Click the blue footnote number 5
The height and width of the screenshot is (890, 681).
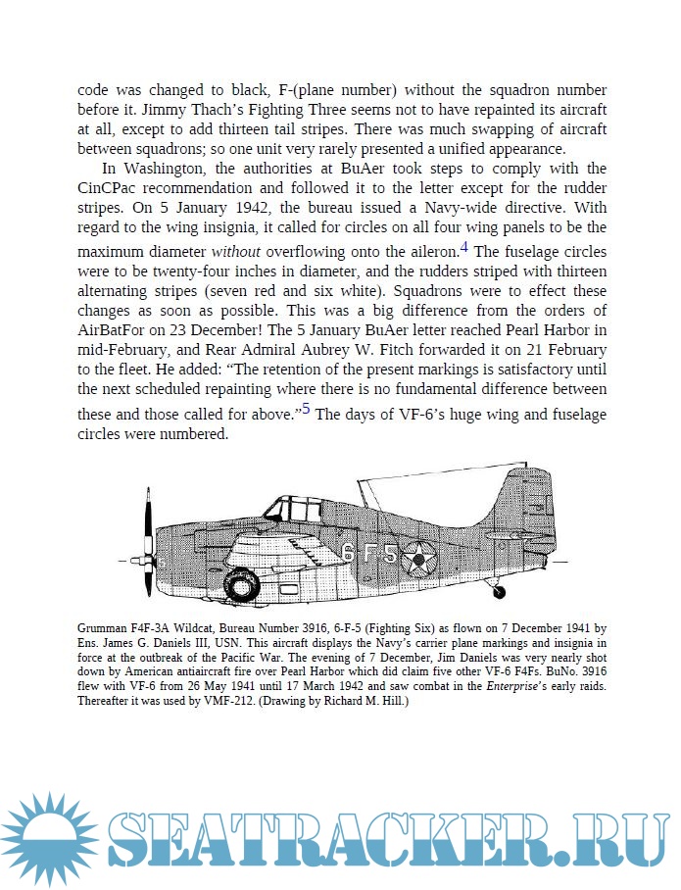306,410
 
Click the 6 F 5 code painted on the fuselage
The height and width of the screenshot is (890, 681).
369,554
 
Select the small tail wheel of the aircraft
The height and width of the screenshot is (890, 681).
500,591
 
